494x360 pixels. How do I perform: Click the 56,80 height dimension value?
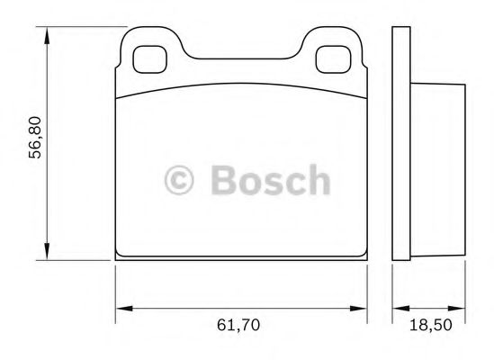(x=35, y=142)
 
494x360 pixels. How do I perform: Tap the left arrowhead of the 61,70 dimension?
(x=122, y=310)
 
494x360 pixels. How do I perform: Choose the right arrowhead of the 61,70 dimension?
(x=363, y=310)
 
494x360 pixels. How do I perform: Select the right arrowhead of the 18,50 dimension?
(x=461, y=310)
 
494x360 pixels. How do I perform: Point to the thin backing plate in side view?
(x=401, y=144)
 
